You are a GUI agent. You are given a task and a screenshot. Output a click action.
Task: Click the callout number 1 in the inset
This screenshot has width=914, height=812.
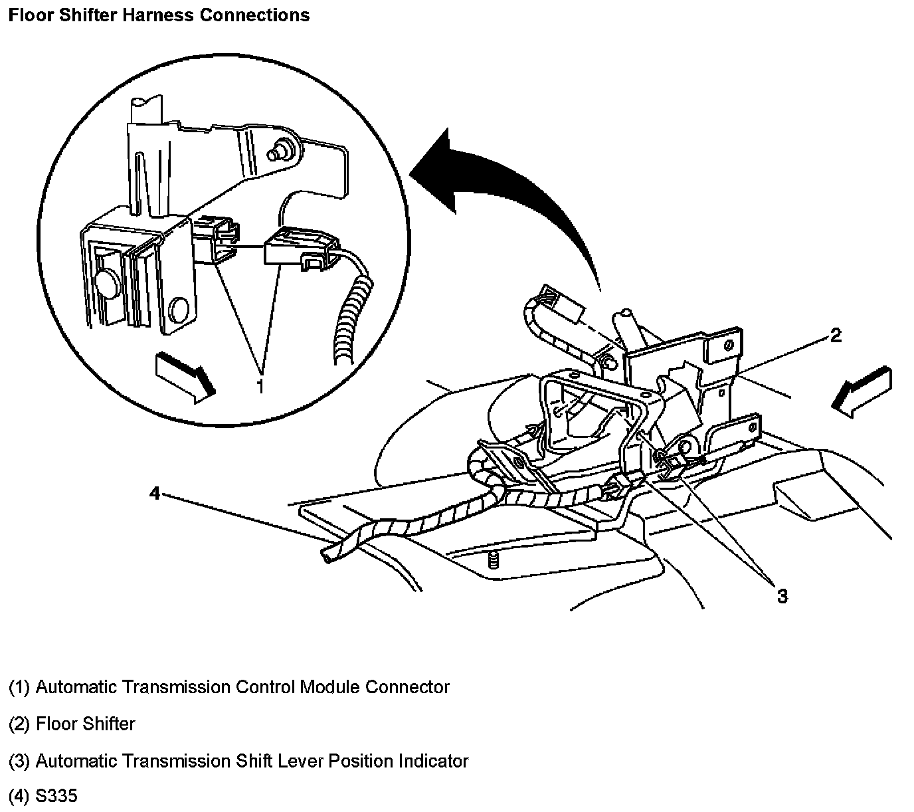coord(260,385)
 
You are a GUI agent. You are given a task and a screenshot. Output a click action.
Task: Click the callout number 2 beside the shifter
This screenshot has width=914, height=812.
coord(836,336)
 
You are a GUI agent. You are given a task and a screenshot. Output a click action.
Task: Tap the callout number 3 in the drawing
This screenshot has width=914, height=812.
coord(782,596)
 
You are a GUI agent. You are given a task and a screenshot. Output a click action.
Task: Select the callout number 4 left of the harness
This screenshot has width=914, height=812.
coord(154,494)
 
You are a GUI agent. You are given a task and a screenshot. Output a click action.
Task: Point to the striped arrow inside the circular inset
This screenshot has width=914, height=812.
coord(185,377)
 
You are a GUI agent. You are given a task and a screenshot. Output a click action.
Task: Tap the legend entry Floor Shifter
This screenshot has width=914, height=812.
coord(86,724)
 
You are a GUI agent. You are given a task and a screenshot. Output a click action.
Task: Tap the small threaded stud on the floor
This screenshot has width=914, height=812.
coord(492,559)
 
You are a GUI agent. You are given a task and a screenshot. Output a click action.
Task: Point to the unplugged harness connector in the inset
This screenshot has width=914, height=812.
coord(300,251)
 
